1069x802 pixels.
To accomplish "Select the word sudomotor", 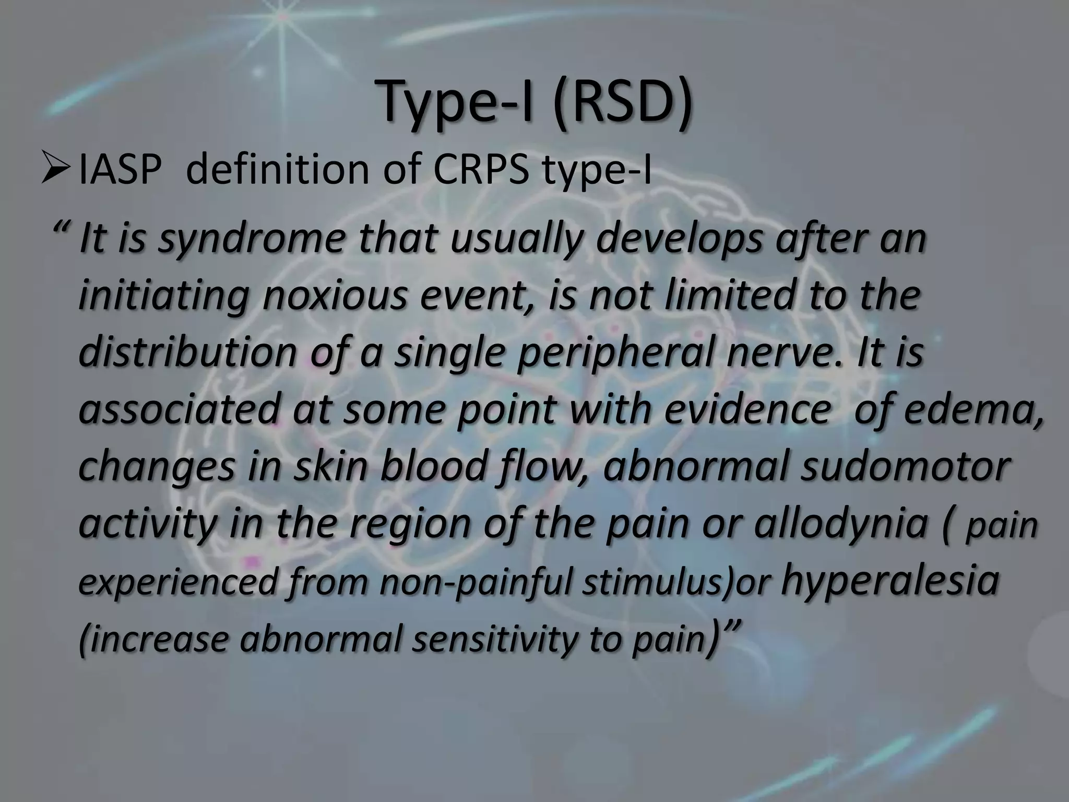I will click(x=906, y=466).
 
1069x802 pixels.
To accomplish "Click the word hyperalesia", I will click(x=890, y=581).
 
